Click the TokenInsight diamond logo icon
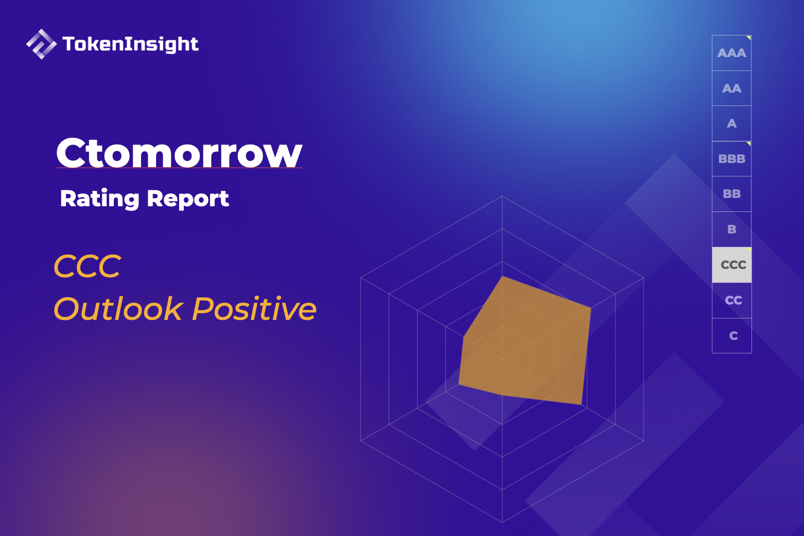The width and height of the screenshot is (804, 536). tap(41, 44)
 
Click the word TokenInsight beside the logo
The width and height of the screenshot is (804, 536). tap(130, 44)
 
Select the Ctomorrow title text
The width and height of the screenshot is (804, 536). tap(179, 153)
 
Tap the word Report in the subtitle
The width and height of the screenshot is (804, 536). tap(188, 199)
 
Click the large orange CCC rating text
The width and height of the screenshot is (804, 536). tap(88, 266)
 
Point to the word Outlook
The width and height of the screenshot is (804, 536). tap(118, 309)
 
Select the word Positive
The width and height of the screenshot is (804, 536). tap(254, 309)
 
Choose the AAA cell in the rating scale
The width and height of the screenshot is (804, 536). tap(731, 53)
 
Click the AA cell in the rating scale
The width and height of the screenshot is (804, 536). tap(731, 88)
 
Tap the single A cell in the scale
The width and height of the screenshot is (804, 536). tap(731, 123)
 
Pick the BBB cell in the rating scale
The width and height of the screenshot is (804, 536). tap(731, 159)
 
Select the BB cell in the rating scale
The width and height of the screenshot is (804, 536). tap(731, 194)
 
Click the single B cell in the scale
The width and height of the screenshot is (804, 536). tap(731, 229)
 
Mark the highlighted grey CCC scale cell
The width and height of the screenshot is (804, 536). tap(732, 265)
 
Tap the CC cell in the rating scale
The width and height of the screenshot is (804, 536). tap(732, 300)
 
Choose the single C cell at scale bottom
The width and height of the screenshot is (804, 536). tap(732, 336)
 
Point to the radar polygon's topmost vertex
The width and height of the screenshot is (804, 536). tap(502, 277)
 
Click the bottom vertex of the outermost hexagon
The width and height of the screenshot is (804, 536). tap(502, 522)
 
